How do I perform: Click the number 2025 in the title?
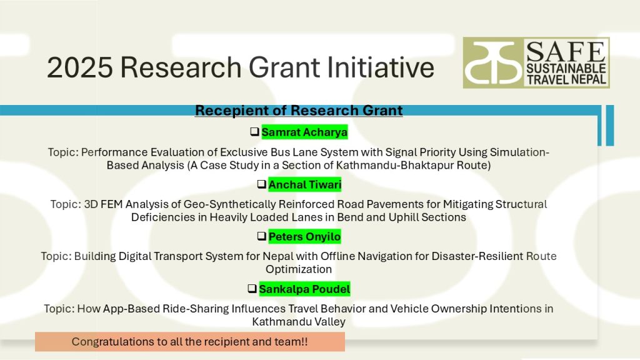[79, 67]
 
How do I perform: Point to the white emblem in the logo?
[493, 62]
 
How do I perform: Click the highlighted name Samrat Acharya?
[304, 132]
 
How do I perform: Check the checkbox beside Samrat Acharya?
[255, 131]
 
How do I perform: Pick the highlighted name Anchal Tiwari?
[305, 184]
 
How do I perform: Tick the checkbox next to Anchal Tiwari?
[262, 184]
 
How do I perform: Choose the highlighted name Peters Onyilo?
[304, 237]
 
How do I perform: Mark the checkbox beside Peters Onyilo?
[262, 236]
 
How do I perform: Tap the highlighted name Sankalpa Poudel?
[304, 289]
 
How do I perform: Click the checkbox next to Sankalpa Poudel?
[252, 289]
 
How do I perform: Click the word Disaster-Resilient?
[477, 256]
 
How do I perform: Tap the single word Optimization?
[299, 269]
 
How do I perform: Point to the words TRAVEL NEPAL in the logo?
[566, 79]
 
